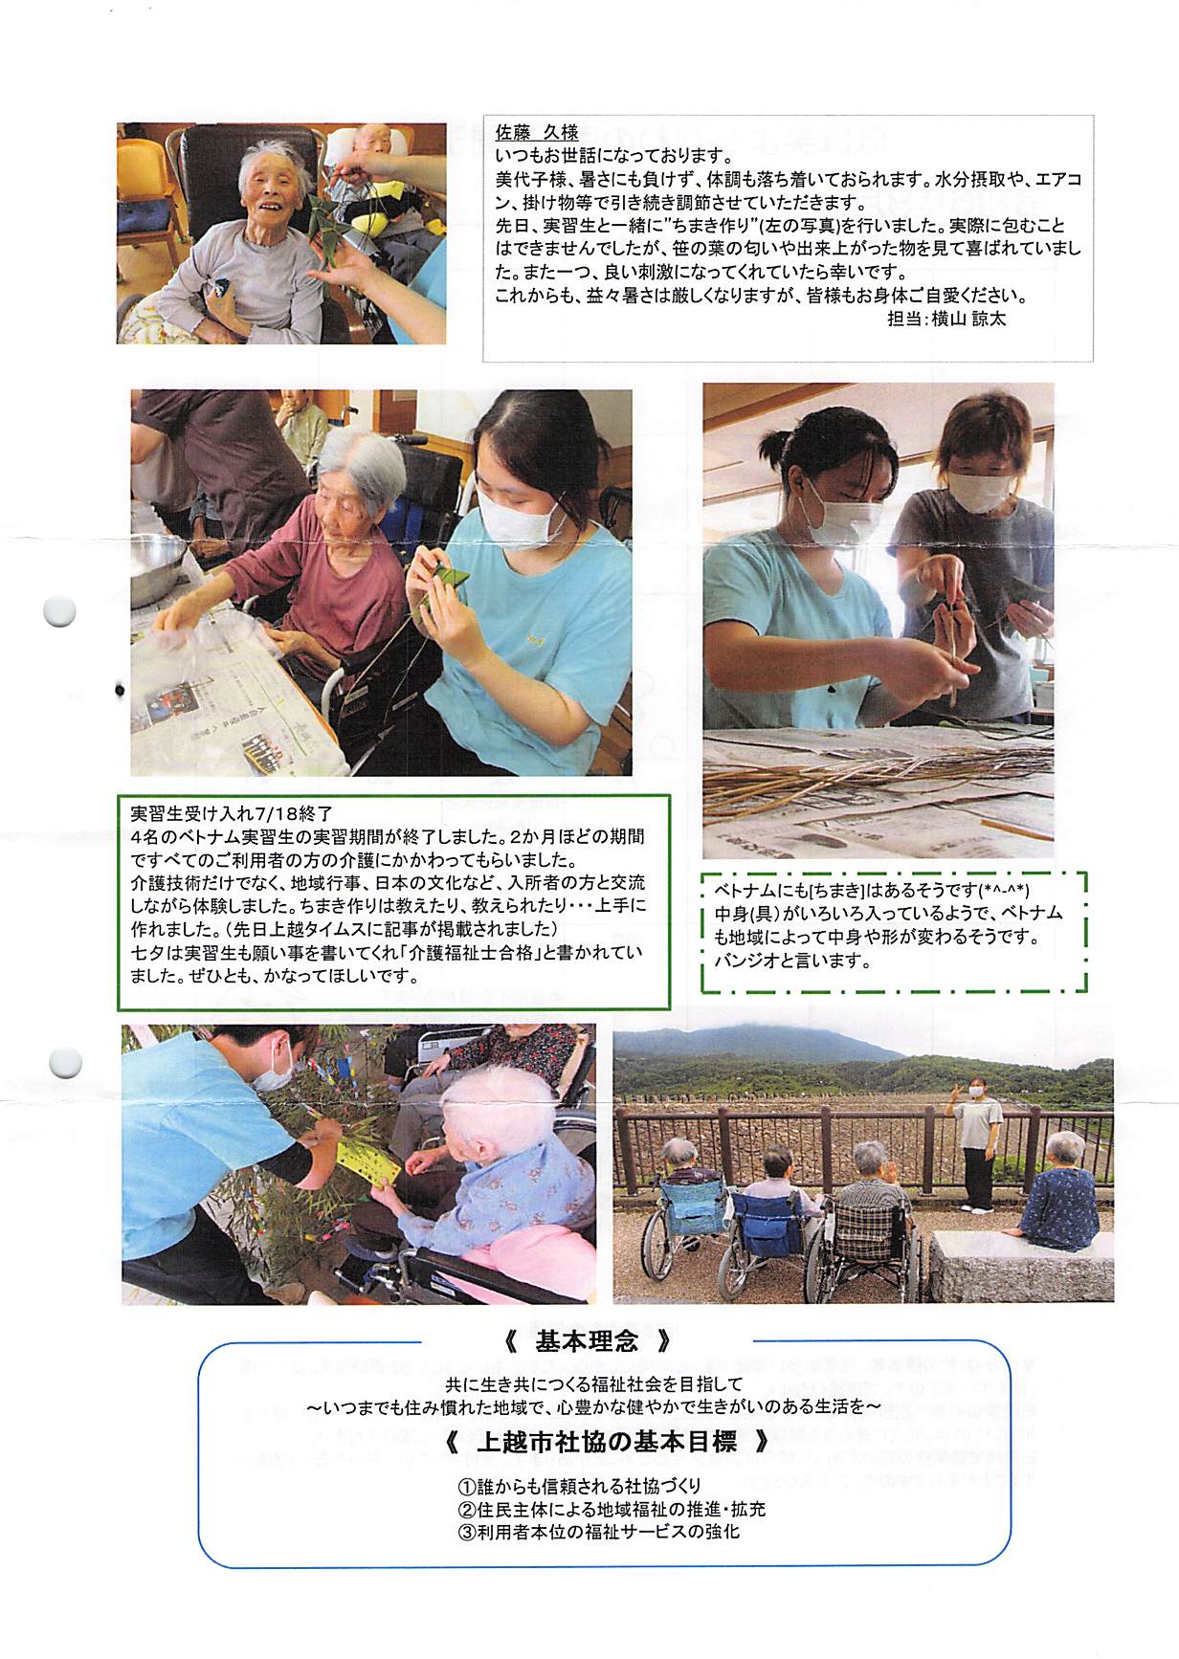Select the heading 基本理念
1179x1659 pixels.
(x=586, y=1342)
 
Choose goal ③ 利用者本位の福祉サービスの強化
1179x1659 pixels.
(x=598, y=1531)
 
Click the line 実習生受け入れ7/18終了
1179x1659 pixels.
(x=232, y=814)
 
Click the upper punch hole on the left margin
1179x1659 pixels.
(x=60, y=611)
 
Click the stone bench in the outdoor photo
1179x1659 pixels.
(x=1019, y=1265)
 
